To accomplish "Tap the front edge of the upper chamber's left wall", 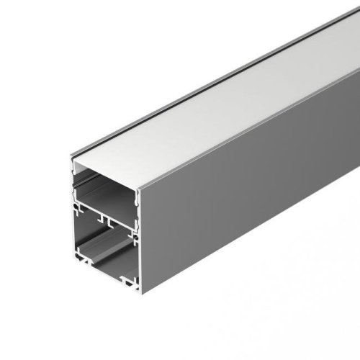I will [x=73, y=184].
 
